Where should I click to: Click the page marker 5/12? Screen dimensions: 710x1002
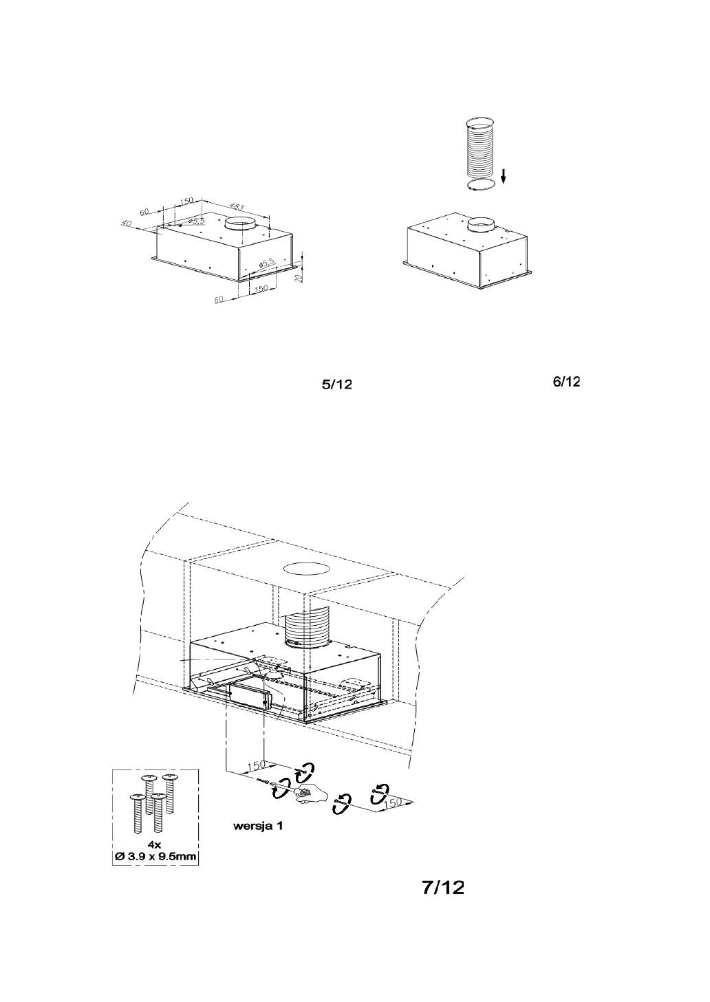point(338,385)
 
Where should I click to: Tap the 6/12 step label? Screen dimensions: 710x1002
point(566,382)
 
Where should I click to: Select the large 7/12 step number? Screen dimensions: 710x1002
point(443,888)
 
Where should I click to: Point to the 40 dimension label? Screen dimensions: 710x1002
point(125,223)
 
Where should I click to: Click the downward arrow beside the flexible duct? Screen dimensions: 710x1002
point(504,177)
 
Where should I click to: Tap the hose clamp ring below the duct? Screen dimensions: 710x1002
point(482,188)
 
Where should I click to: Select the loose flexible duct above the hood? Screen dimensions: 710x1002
point(481,148)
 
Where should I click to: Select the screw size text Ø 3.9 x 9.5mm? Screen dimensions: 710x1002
point(155,857)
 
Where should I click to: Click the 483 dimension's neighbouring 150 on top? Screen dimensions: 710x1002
point(186,202)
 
